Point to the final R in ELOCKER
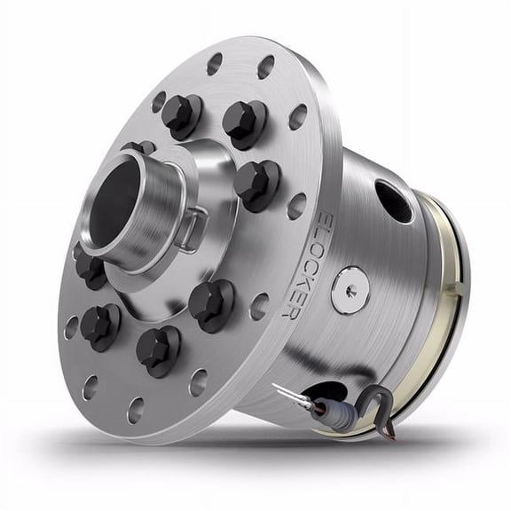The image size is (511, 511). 287,310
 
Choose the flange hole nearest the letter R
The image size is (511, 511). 258,306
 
